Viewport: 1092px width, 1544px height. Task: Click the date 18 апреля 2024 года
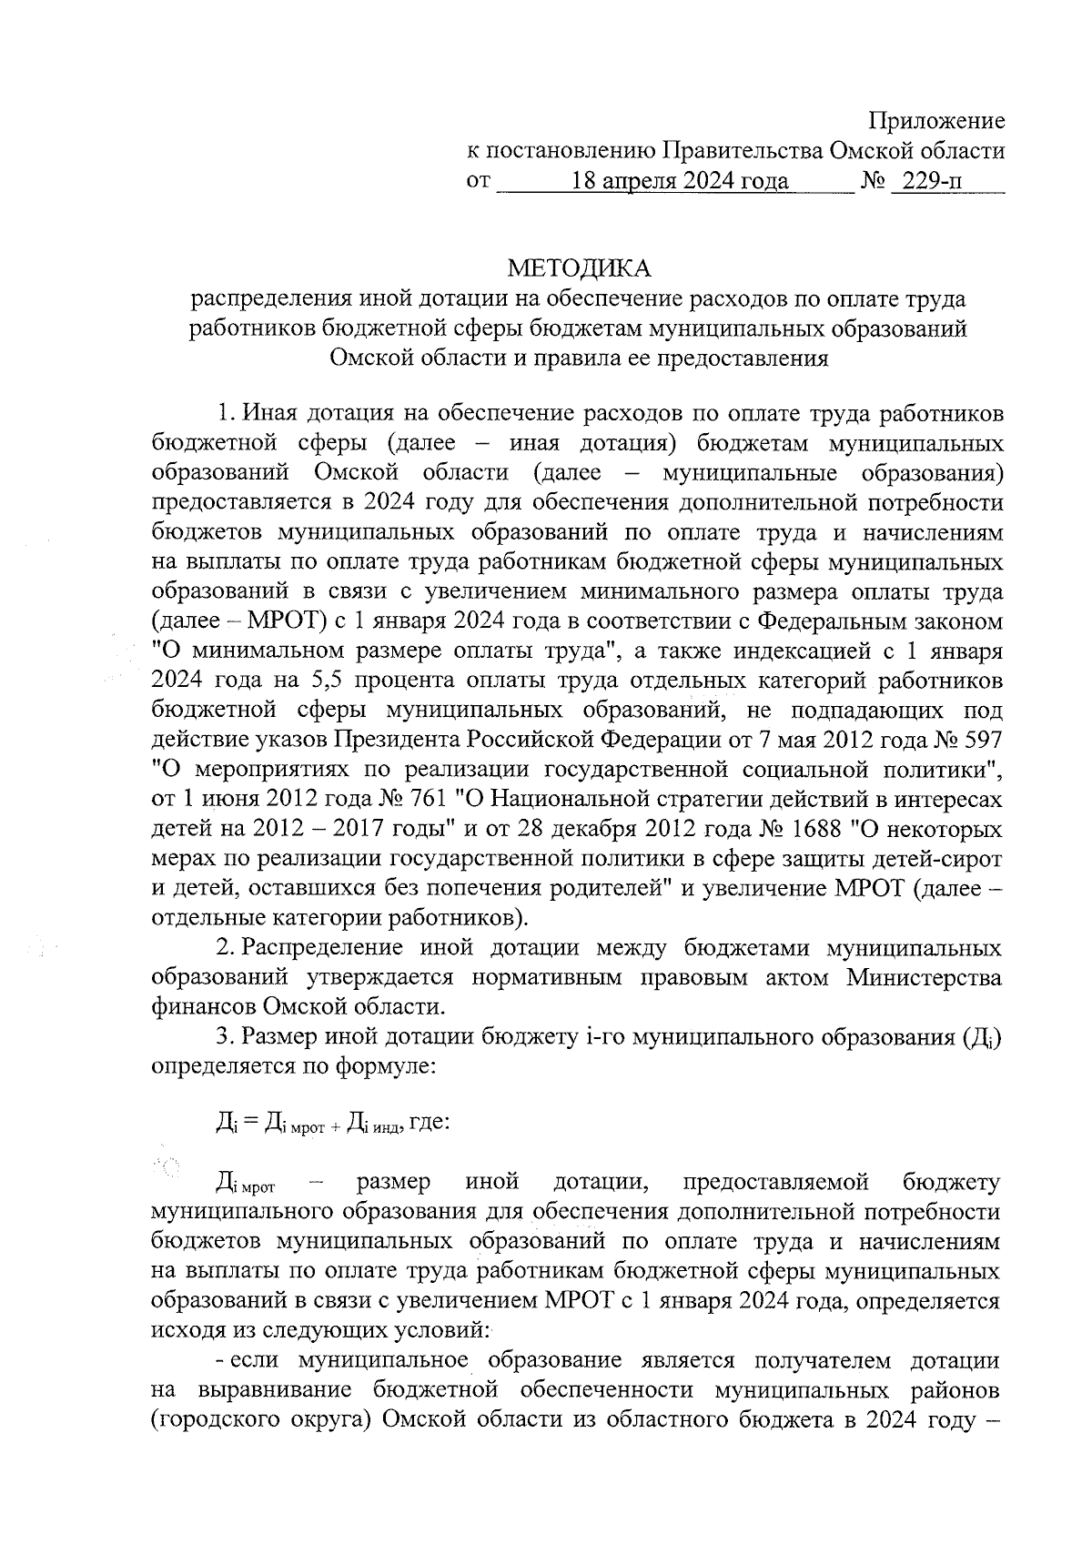pos(678,181)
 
